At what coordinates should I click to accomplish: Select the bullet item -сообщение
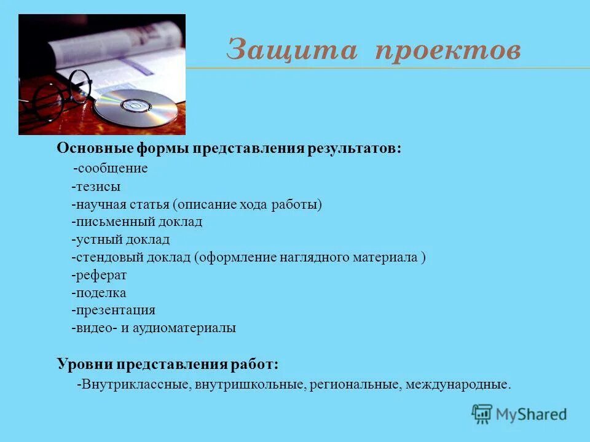(x=110, y=168)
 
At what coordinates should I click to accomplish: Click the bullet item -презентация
(x=113, y=310)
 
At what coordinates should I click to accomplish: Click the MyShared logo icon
(x=482, y=414)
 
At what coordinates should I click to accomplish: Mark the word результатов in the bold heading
(x=359, y=149)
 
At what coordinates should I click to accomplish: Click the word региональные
(x=356, y=386)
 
